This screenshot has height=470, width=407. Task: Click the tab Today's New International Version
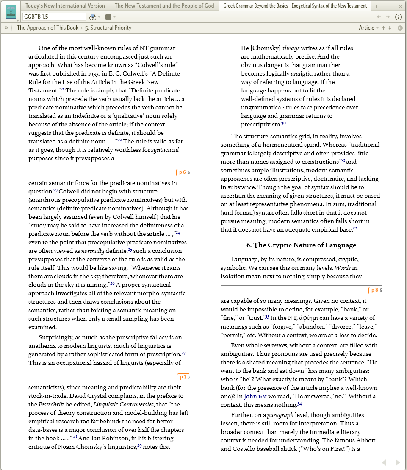click(65, 6)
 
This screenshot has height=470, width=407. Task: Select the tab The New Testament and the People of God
click(164, 6)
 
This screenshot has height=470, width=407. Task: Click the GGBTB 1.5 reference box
click(54, 17)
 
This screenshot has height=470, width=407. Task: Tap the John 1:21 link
click(256, 397)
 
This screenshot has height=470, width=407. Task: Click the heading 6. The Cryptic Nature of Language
click(301, 245)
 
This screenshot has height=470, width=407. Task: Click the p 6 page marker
click(183, 172)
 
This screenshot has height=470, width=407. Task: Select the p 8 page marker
click(374, 291)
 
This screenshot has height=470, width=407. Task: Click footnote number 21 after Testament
click(62, 90)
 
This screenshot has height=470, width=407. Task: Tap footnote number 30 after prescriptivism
click(284, 123)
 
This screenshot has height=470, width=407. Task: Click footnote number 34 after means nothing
click(299, 404)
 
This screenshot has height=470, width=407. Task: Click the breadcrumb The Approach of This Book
click(47, 28)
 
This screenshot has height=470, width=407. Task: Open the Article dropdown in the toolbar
click(368, 28)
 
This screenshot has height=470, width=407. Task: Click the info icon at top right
click(398, 17)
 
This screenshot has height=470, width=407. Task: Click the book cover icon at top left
click(11, 11)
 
